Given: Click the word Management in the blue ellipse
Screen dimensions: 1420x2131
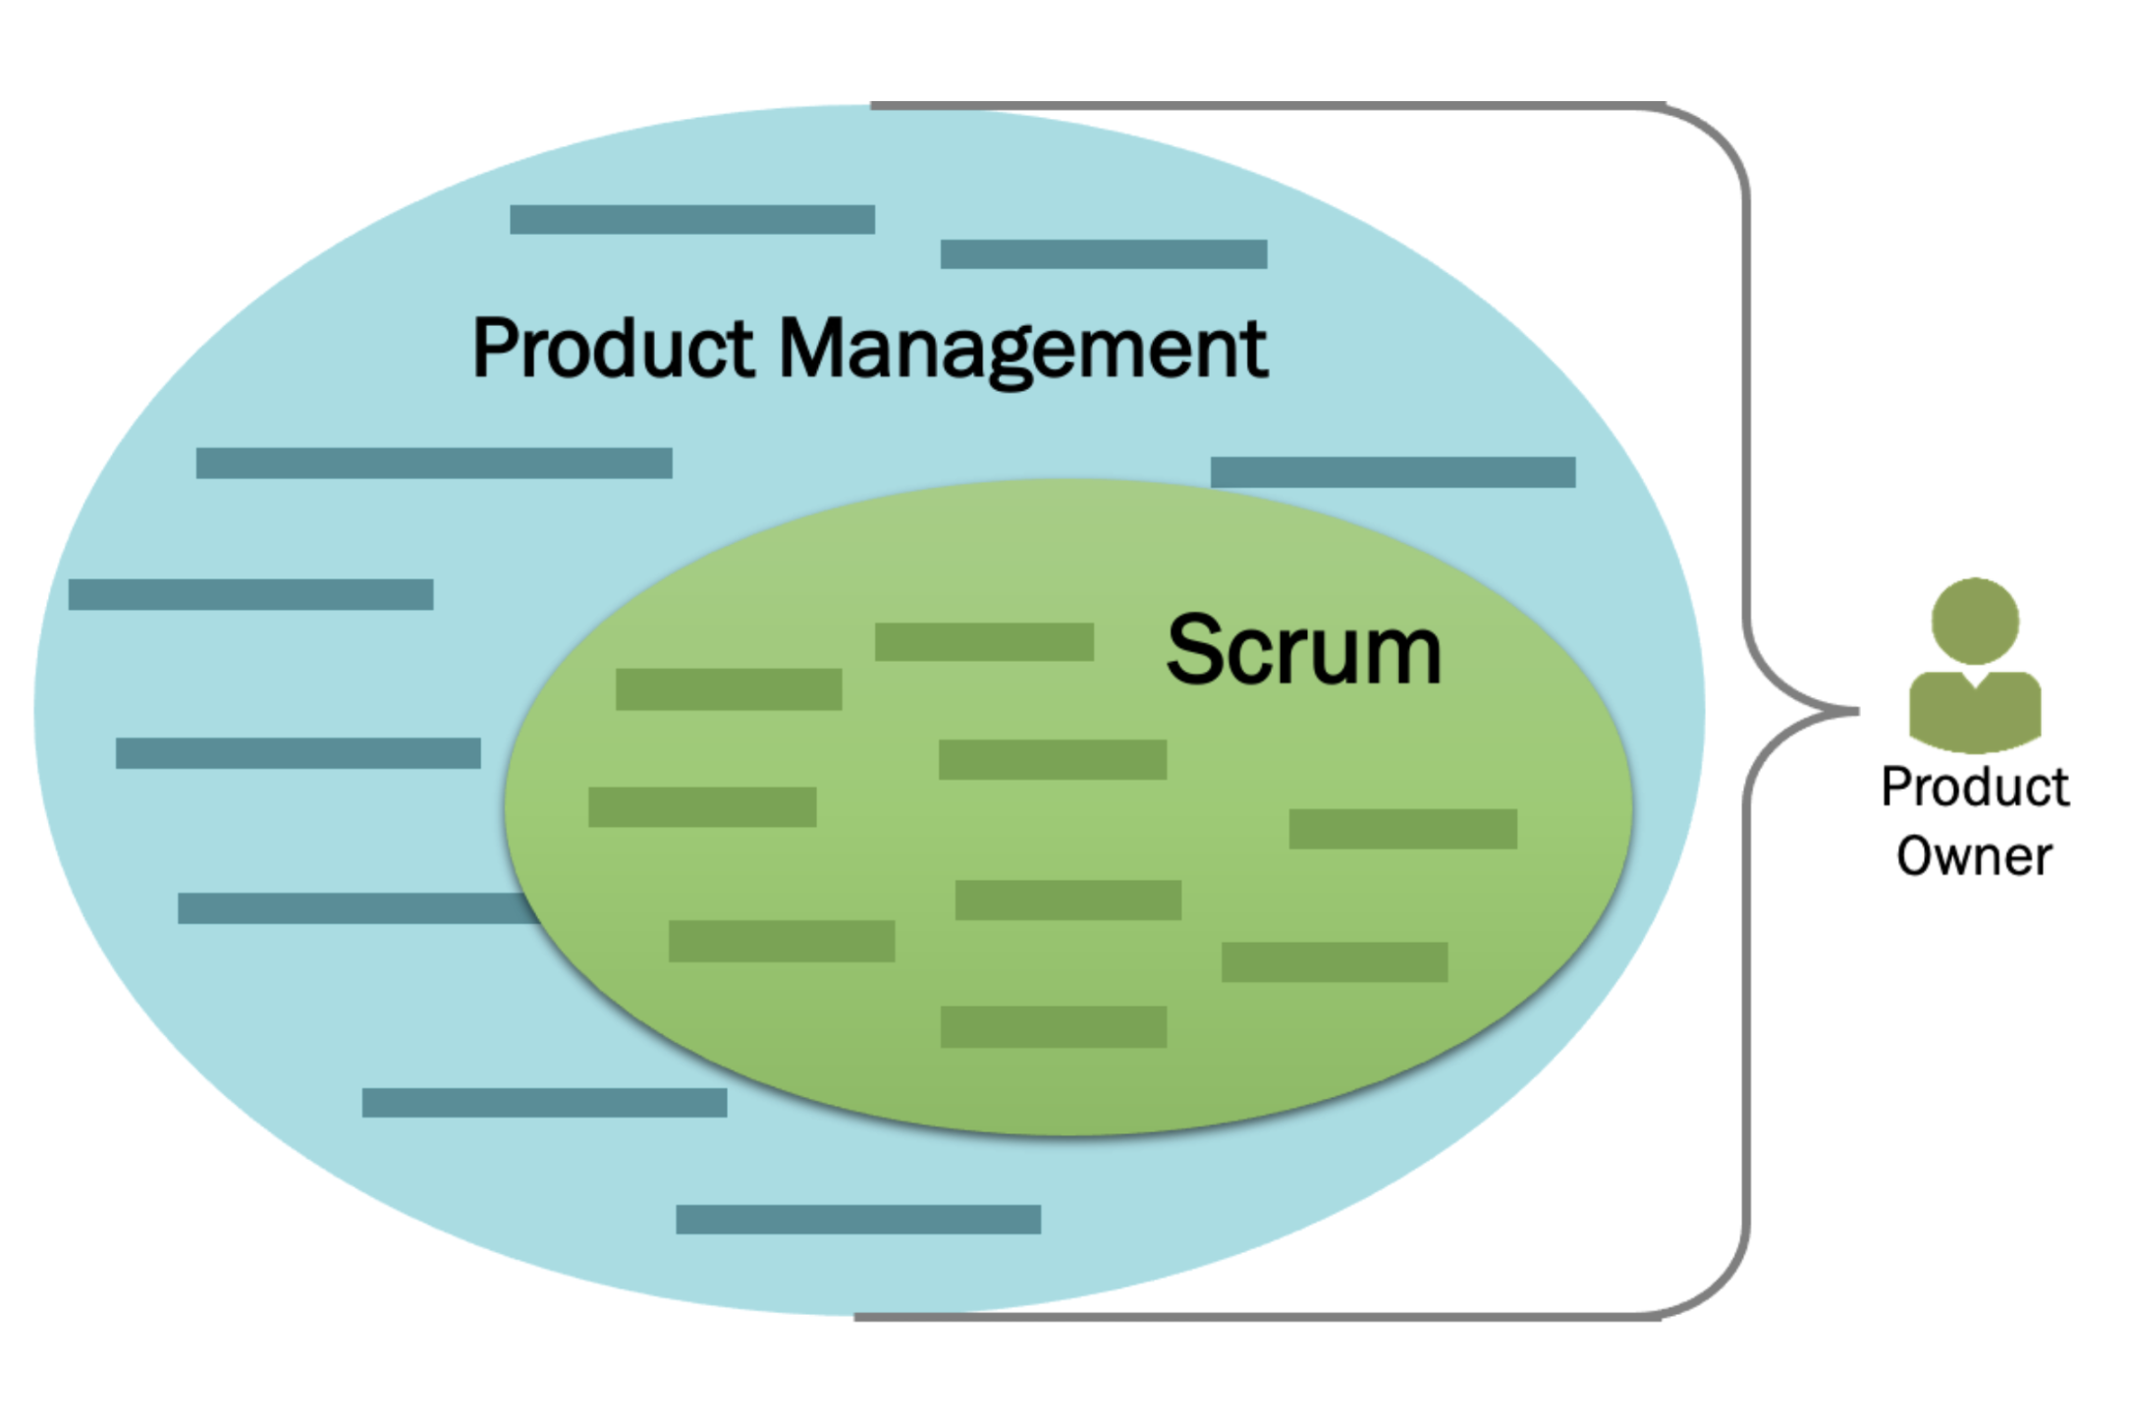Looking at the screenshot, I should (1022, 349).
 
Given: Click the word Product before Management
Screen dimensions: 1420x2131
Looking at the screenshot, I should (613, 349).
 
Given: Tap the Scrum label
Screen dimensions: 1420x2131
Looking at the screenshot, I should (1303, 650).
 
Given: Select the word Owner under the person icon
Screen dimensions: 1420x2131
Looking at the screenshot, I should (1974, 856).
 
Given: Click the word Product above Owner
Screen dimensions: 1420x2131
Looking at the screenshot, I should (1975, 788).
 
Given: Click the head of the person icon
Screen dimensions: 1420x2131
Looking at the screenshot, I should (1975, 621).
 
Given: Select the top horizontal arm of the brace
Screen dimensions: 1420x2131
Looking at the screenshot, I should (1267, 106).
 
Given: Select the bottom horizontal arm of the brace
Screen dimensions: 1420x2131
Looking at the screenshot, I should (1257, 1317).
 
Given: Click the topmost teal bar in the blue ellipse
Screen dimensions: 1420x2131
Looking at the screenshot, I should (692, 219).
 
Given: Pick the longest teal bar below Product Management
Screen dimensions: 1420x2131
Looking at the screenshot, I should (434, 464).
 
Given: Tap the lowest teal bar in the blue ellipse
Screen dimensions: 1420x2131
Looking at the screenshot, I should (858, 1220).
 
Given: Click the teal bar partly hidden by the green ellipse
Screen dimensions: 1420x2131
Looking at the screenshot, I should (354, 908).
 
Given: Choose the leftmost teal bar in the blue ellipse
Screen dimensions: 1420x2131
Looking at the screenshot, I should (250, 594).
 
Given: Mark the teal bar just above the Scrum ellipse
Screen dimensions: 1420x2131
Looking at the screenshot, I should (1393, 472).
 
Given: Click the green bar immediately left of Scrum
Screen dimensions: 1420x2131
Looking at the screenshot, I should (984, 642).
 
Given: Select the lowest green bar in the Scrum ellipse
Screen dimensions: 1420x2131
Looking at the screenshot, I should (1054, 1027).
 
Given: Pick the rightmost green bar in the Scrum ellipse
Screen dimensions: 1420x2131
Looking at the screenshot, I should (1402, 829).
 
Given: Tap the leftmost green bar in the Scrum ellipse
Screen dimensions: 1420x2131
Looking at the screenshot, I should (702, 807).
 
